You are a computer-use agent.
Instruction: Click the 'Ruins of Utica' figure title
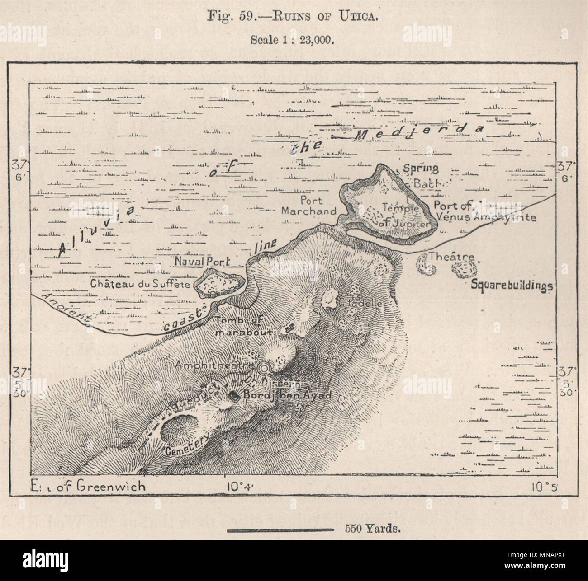[294, 19]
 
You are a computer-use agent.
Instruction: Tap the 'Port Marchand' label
[309, 205]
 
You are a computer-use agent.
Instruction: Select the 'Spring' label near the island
[421, 169]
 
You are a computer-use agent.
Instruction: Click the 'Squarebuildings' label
[512, 286]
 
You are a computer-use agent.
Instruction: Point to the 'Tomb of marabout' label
[244, 326]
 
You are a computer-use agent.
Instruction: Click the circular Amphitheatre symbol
[263, 368]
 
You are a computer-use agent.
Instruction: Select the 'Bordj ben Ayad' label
[287, 395]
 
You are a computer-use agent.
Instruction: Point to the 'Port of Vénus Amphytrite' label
[484, 212]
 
